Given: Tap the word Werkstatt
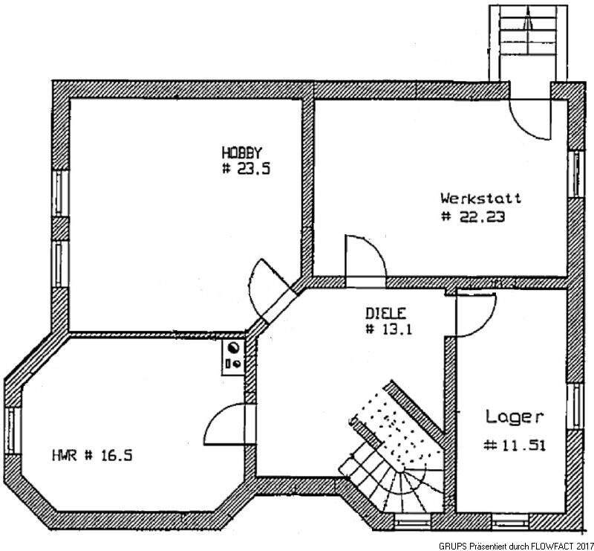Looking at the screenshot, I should click(480, 199).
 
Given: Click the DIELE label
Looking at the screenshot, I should click(387, 313).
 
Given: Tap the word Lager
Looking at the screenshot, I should click(515, 416).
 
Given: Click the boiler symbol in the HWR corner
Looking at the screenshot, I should click(233, 355).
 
